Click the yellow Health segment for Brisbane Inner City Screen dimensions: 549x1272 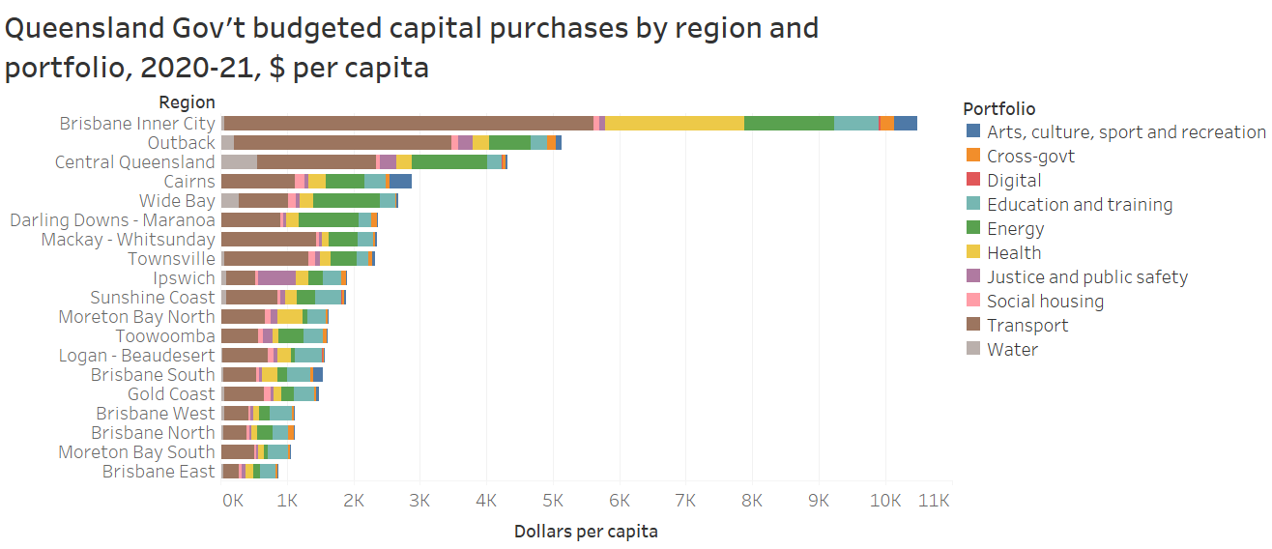674,123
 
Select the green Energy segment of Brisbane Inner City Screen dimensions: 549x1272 789,123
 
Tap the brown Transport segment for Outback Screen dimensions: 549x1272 342,142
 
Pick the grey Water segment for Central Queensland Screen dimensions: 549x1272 239,161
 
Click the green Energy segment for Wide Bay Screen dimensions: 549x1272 346,200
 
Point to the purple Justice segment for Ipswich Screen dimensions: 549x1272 276,277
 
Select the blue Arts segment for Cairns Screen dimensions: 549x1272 400,181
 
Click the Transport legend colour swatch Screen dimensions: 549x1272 973,326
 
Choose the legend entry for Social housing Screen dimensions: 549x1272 1044,302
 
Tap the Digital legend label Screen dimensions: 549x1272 1013,181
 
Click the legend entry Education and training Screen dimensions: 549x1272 1079,205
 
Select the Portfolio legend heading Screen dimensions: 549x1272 998,108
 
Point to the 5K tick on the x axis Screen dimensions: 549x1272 553,501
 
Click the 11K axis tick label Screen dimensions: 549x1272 934,501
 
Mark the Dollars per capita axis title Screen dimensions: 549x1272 586,531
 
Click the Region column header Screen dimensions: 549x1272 188,102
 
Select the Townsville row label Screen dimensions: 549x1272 171,258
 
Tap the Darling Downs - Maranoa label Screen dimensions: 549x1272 112,219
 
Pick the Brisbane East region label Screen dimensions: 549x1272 159,471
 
